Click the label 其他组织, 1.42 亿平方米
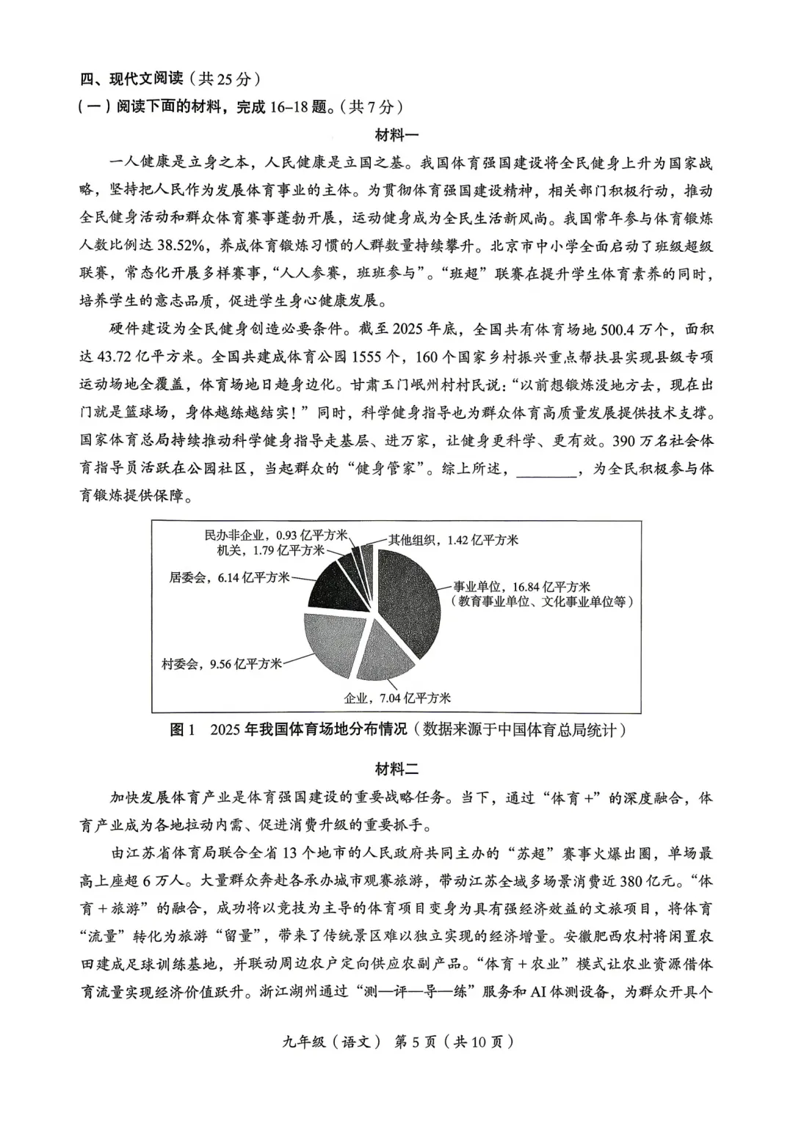tap(453, 540)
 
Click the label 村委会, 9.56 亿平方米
tap(222, 664)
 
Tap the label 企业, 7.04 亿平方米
tap(396, 698)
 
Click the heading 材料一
tap(396, 135)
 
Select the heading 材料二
tap(396, 769)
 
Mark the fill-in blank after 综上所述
tap(546, 469)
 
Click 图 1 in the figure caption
tap(183, 730)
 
